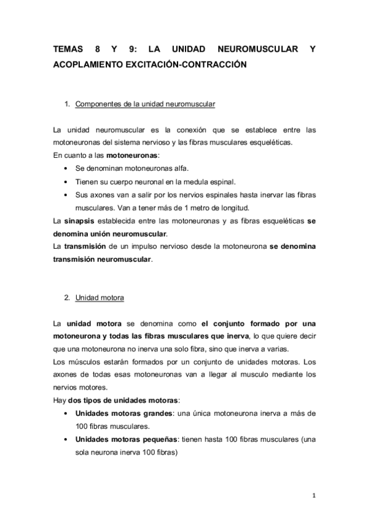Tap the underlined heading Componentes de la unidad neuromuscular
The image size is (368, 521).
point(145,104)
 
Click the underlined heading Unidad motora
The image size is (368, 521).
point(100,298)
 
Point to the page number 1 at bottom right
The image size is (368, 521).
point(313,496)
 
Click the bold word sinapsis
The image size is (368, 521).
point(80,221)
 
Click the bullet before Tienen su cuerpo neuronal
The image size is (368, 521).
point(66,182)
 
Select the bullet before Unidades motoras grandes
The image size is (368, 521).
point(66,414)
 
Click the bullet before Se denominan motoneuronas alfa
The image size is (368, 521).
point(66,168)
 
